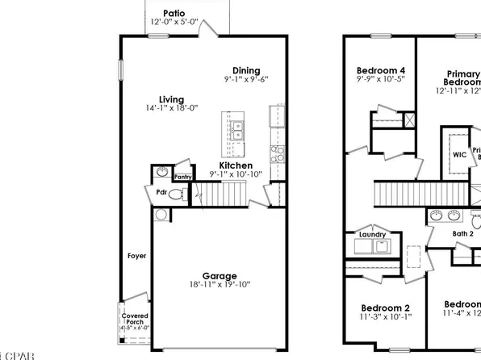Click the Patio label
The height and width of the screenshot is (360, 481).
point(174,13)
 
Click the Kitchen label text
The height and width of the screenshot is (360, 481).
point(236,165)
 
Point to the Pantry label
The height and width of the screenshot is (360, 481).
point(183,176)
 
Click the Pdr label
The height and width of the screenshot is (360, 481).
point(161,193)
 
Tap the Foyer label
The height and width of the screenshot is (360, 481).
point(136,257)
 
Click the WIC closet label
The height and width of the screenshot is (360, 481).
point(459,154)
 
